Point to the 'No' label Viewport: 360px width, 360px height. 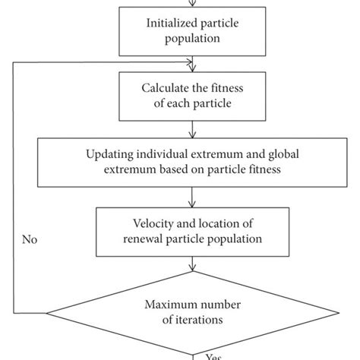click(30, 240)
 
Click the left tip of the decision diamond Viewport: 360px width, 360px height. click(47, 313)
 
